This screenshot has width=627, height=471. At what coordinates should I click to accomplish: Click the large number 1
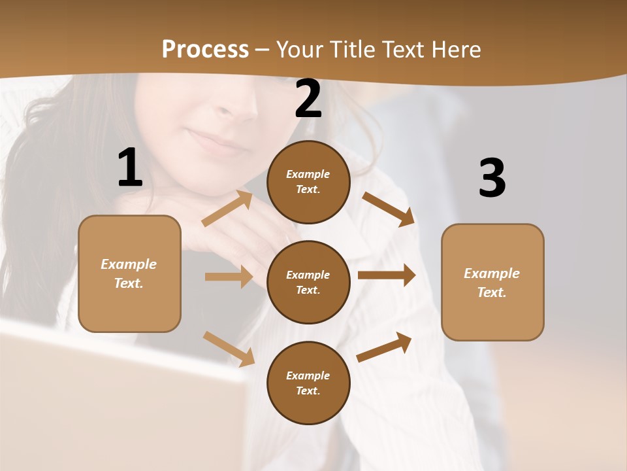tap(130, 168)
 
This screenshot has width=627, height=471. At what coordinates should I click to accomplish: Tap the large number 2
tap(308, 99)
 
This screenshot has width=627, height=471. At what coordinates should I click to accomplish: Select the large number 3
tap(492, 179)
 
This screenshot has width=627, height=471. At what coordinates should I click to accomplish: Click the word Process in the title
tap(205, 49)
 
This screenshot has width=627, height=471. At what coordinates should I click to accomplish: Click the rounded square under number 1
tap(129, 273)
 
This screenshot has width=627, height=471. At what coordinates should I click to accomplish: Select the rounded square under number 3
tap(492, 282)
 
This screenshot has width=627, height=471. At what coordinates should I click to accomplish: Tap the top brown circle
tap(308, 182)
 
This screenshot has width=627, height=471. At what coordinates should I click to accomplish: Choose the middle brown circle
tap(308, 282)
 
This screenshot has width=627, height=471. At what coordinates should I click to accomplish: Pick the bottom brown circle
tap(308, 383)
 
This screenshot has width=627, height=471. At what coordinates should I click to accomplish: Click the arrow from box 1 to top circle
tap(227, 208)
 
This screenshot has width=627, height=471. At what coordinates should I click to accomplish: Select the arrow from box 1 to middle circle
tap(229, 277)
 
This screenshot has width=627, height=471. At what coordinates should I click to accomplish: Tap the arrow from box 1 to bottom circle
tap(229, 349)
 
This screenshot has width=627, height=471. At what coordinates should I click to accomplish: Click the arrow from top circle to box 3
tap(388, 209)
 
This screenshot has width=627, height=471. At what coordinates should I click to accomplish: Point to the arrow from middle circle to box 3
tap(387, 275)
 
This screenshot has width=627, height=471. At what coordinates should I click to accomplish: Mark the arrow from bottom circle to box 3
tap(384, 347)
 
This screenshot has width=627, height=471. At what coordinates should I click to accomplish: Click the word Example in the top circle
tap(308, 174)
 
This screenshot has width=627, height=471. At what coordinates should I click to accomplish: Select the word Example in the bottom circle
tap(308, 375)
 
